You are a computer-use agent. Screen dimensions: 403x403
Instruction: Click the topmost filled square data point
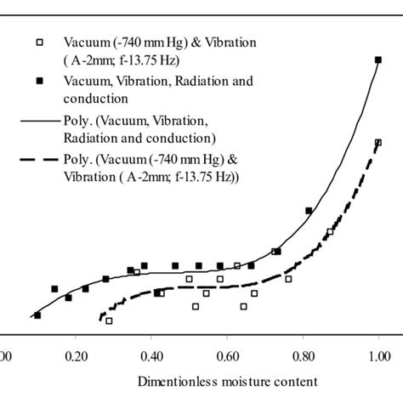pos(378,60)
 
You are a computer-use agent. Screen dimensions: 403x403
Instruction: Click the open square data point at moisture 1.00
pos(378,143)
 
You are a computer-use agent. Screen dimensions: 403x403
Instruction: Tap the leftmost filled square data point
pos(37,315)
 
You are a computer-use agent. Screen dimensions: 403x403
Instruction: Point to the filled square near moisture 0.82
pos(309,210)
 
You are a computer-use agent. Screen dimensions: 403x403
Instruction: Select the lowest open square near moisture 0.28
pos(109,321)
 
